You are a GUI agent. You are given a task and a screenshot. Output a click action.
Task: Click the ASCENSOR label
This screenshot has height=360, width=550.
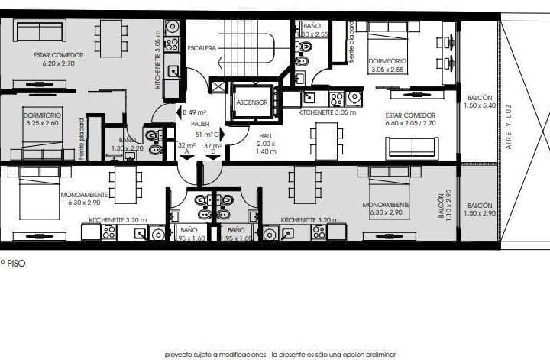[x=251, y=102]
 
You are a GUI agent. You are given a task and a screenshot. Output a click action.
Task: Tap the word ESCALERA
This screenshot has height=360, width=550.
[x=202, y=48]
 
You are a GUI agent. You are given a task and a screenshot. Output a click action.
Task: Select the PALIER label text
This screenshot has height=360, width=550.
[x=201, y=122]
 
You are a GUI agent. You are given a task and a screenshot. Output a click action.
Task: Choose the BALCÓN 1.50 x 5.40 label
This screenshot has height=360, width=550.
[x=480, y=100]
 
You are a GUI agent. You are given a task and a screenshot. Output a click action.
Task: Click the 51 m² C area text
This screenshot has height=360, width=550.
[x=209, y=135]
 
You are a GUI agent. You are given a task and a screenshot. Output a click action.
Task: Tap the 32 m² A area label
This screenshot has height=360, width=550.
[x=186, y=146]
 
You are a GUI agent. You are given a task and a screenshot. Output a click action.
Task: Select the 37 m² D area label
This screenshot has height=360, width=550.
[x=212, y=146]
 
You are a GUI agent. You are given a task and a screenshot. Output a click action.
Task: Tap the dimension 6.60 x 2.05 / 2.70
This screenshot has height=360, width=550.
[x=411, y=122]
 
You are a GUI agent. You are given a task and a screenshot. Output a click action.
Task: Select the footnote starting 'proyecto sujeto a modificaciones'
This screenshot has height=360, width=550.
[x=280, y=355]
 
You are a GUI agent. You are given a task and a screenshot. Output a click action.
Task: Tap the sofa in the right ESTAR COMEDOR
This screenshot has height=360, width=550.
[x=412, y=147]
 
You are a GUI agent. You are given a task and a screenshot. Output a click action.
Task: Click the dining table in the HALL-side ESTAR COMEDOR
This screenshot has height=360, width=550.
[x=327, y=141]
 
